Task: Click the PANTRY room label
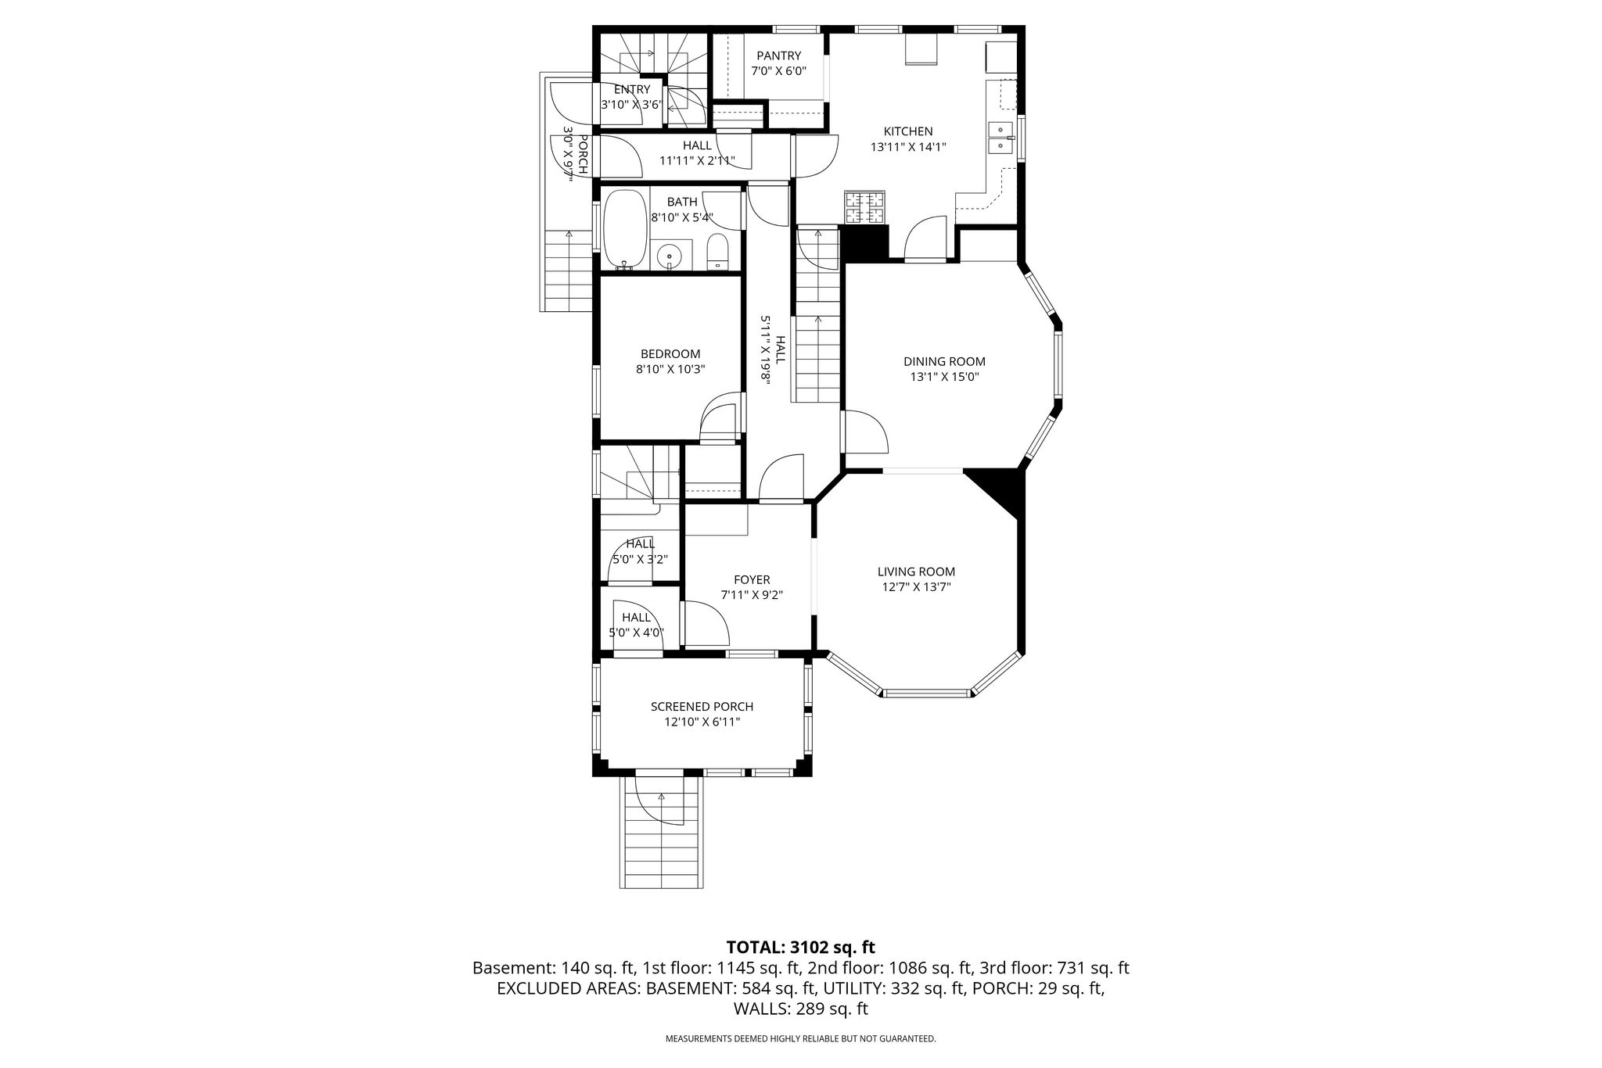tap(778, 56)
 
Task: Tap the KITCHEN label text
tap(908, 131)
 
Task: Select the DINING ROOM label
tap(944, 361)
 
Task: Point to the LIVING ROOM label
tap(916, 572)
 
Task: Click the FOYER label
tap(752, 579)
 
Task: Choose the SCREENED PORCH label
tap(702, 706)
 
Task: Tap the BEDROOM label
tap(670, 353)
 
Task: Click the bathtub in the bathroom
tap(624, 228)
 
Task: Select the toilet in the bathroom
tap(717, 253)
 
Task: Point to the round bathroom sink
tap(670, 255)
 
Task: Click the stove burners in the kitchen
tap(864, 208)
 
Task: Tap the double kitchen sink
tap(999, 138)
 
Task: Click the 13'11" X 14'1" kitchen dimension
tap(908, 146)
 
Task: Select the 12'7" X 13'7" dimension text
tap(916, 587)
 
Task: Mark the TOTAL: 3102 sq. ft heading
tap(800, 948)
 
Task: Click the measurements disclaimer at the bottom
tap(800, 1039)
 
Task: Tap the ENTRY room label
tap(631, 89)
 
